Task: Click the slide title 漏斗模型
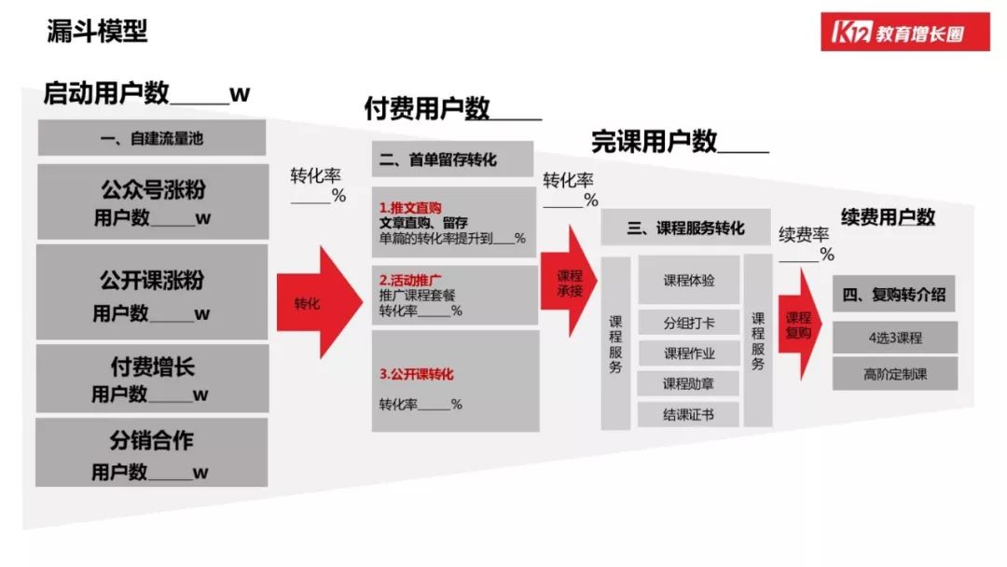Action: click(97, 31)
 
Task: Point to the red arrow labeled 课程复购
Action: click(799, 325)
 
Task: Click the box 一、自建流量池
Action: click(152, 139)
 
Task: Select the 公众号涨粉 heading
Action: click(153, 190)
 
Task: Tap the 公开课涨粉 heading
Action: click(152, 280)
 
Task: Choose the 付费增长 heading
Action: click(152, 366)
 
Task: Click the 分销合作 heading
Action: click(152, 439)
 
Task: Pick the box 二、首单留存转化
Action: click(452, 159)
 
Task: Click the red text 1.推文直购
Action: click(410, 207)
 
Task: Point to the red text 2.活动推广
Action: click(410, 279)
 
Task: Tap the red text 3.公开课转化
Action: click(416, 374)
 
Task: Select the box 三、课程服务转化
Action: click(686, 228)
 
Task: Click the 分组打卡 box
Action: click(689, 324)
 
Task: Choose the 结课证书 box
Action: click(689, 414)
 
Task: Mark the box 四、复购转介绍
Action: click(894, 295)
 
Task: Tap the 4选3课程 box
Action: click(894, 338)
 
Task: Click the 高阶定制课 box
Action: click(894, 374)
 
